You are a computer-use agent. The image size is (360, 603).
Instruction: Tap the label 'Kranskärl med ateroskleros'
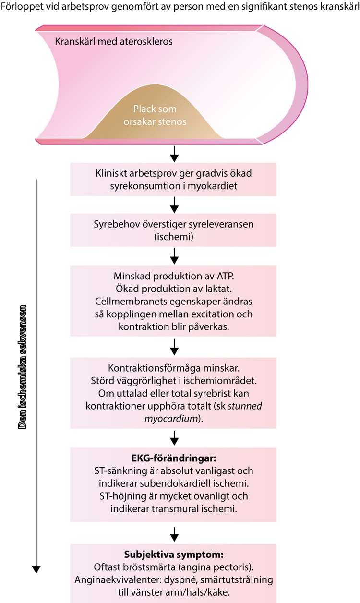click(x=114, y=41)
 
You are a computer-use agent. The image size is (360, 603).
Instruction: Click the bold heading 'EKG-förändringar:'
click(x=174, y=458)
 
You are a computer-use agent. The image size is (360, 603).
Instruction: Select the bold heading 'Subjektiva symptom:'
click(x=174, y=555)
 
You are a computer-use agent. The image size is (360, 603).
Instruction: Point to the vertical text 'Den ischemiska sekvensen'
click(x=23, y=367)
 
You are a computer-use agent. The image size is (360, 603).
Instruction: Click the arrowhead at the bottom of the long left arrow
click(x=36, y=569)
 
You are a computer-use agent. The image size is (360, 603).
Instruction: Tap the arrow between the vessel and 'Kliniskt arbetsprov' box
click(x=174, y=154)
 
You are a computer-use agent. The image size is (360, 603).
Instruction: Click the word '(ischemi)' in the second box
click(x=174, y=237)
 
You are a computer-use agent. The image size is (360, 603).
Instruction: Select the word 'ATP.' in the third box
click(x=225, y=276)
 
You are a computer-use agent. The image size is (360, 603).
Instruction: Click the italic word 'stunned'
click(x=245, y=406)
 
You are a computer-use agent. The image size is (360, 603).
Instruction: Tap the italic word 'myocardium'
click(x=171, y=419)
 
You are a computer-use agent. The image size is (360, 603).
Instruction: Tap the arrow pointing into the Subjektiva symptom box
click(x=174, y=534)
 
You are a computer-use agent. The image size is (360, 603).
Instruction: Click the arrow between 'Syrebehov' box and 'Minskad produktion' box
click(x=174, y=256)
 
